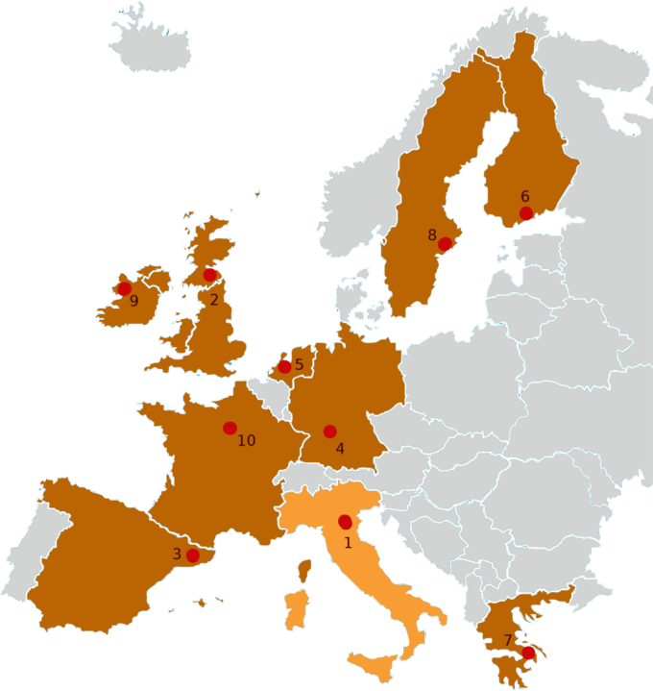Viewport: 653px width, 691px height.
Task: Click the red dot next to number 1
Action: pyautogui.click(x=345, y=522)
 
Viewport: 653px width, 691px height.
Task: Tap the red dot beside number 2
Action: pyautogui.click(x=209, y=276)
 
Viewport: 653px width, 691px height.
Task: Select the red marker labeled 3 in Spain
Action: pyautogui.click(x=192, y=555)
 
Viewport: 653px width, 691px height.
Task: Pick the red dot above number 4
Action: pyautogui.click(x=329, y=432)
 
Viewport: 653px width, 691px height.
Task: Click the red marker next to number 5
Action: pyautogui.click(x=284, y=367)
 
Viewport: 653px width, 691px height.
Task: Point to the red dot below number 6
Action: pyautogui.click(x=525, y=213)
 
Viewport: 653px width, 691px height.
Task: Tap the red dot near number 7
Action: pyautogui.click(x=527, y=654)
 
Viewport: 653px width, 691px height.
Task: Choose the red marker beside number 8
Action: pyautogui.click(x=445, y=244)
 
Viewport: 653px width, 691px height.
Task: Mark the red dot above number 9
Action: pyautogui.click(x=124, y=288)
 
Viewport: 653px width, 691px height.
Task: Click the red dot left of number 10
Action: pyautogui.click(x=229, y=428)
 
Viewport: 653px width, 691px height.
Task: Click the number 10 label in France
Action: pyautogui.click(x=247, y=441)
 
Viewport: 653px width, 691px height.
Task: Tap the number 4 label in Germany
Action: pyautogui.click(x=340, y=448)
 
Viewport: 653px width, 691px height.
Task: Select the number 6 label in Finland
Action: pyautogui.click(x=525, y=197)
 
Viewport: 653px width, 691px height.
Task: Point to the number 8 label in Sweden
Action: pyautogui.click(x=432, y=234)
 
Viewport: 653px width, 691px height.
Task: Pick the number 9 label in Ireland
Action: pyautogui.click(x=133, y=302)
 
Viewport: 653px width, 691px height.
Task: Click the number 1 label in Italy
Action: pyautogui.click(x=348, y=542)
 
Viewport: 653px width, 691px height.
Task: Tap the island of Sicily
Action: pyautogui.click(x=375, y=662)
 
